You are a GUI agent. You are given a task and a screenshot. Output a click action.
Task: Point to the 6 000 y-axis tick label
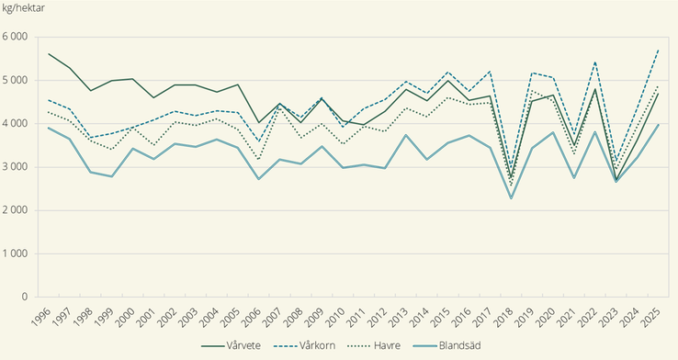point(17,37)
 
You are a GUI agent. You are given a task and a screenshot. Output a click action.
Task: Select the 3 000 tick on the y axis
point(17,167)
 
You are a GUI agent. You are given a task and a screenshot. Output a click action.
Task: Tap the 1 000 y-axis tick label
point(17,253)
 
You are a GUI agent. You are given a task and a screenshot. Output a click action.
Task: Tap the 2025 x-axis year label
point(651,316)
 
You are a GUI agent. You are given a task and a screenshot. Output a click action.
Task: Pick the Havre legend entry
point(395,347)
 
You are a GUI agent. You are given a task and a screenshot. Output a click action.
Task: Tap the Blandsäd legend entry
point(468,347)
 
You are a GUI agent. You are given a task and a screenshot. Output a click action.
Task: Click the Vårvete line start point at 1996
point(49,54)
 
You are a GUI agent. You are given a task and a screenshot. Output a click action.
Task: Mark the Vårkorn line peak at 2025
point(658,50)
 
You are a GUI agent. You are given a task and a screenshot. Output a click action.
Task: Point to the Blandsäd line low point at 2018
point(511,198)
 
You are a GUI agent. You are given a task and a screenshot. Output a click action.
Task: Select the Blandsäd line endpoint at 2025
point(658,125)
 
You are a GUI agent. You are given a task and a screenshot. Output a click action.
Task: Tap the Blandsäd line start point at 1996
point(49,128)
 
